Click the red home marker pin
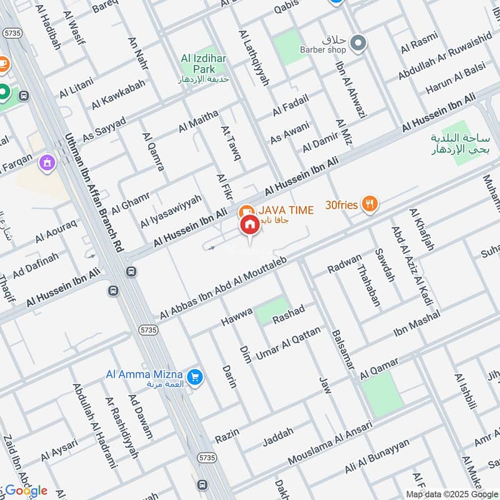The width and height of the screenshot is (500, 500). click(249, 225)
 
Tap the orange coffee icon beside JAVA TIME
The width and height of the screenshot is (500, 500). click(246, 211)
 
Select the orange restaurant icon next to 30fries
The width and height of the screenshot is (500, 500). click(370, 203)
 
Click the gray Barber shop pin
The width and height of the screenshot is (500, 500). click(358, 43)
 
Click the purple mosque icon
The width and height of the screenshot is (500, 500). click(46, 164)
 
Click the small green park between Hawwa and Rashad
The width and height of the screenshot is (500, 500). click(272, 311)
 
